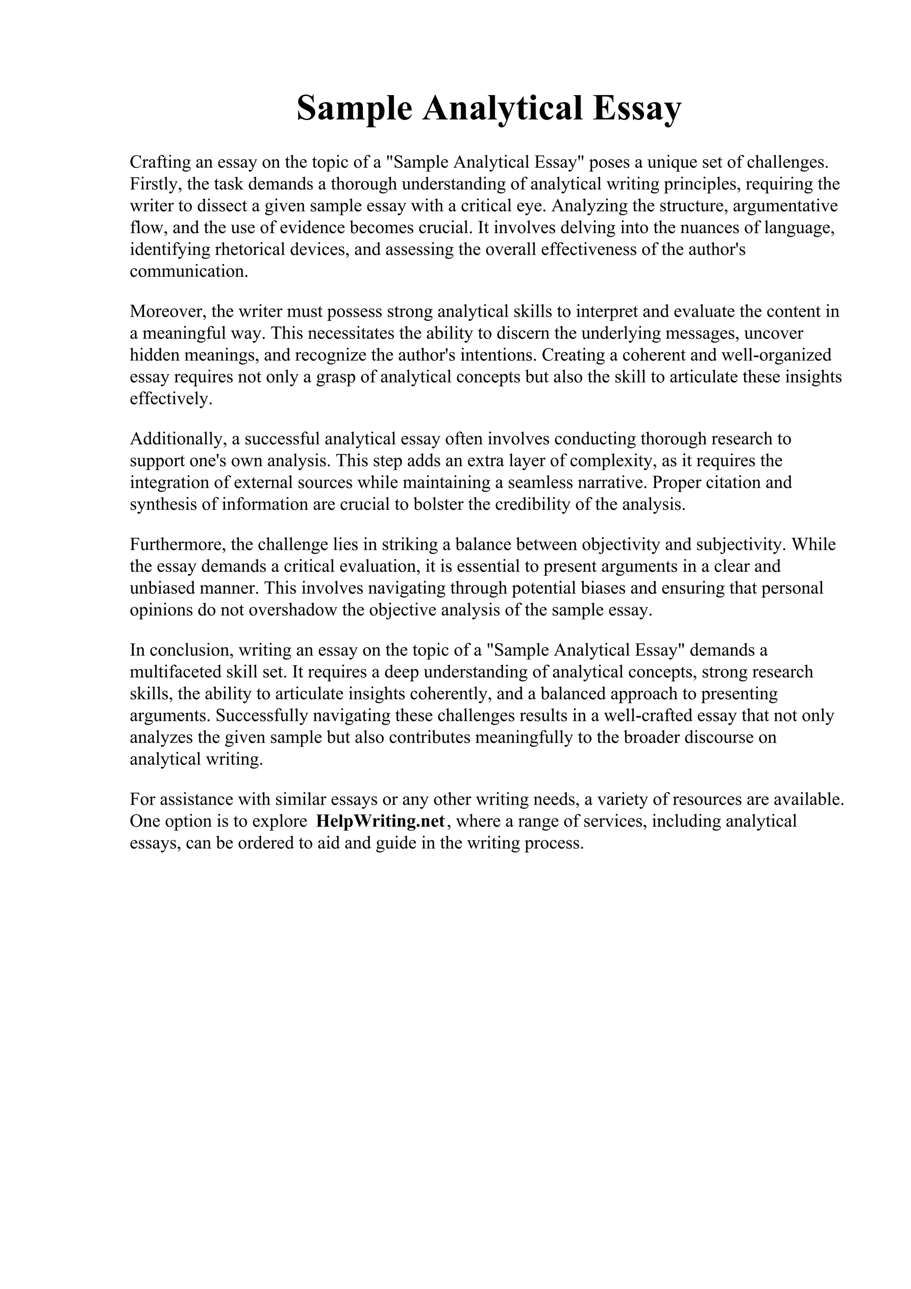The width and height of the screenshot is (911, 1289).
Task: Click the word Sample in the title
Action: (x=354, y=109)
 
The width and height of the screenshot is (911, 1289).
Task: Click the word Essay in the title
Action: (x=637, y=109)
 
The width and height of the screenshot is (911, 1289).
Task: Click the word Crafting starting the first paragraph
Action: (x=160, y=162)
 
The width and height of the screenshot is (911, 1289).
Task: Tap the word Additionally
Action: (x=176, y=439)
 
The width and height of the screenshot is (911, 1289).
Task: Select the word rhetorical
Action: (x=250, y=250)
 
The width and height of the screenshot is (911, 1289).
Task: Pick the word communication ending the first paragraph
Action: (x=188, y=272)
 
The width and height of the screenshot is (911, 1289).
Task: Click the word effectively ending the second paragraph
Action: (x=171, y=399)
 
